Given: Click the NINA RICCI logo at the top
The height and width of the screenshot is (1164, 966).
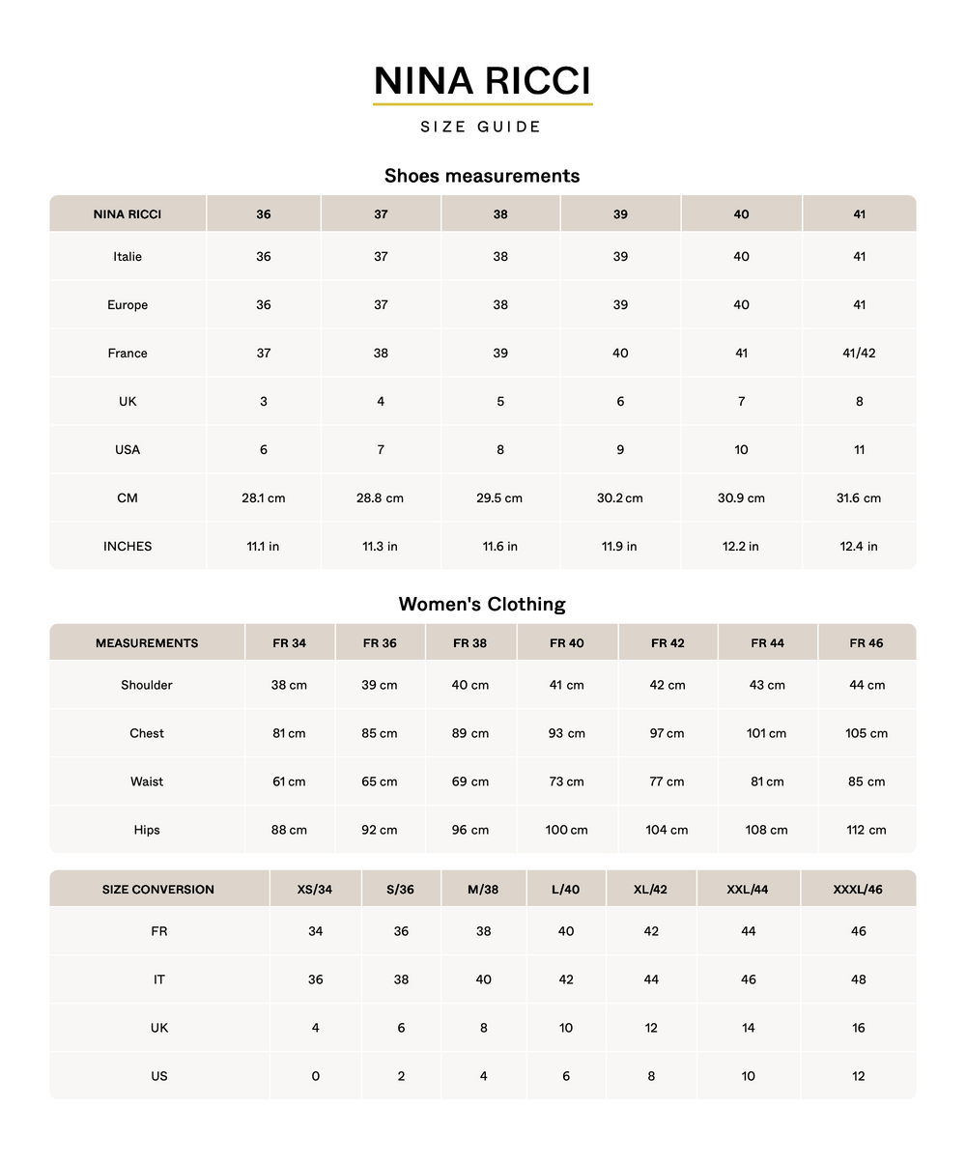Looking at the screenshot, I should pos(482,81).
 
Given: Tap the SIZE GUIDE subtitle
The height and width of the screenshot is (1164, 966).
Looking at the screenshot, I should pos(481,127).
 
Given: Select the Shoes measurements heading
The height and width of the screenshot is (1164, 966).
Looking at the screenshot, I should pos(482,176).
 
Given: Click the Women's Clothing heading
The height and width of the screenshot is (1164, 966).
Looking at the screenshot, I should pos(482,605).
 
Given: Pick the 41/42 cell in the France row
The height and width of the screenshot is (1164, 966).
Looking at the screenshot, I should pos(859,354).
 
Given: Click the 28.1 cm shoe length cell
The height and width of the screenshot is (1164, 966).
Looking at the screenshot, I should pos(264,498).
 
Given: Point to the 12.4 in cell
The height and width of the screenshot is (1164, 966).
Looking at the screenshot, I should pos(859,547).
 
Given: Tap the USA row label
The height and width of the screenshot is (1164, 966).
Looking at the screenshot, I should pos(128,450).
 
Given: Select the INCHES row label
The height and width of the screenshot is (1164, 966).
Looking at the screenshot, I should pos(128,547).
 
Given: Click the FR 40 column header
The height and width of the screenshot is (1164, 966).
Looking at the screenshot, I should pos(567,643).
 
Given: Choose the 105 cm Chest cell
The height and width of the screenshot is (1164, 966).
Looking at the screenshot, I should pos(867,734).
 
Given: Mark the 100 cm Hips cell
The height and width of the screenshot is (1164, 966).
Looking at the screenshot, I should pos(566,831).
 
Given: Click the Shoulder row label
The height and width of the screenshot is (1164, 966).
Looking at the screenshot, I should pos(147,686).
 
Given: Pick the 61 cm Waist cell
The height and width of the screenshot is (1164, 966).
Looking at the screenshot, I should pos(289,782).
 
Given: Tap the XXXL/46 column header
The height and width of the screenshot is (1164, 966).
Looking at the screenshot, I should pos(858,890).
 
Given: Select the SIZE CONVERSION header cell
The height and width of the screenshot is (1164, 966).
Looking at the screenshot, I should pos(158,890).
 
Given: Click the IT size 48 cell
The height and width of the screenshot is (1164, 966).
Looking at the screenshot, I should pos(859,980).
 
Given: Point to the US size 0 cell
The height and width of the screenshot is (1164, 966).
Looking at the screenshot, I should pos(316,1077).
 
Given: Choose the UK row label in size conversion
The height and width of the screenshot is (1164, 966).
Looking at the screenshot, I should pos(159,1029).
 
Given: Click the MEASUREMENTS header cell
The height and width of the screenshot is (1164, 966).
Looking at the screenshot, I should pos(147,643).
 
